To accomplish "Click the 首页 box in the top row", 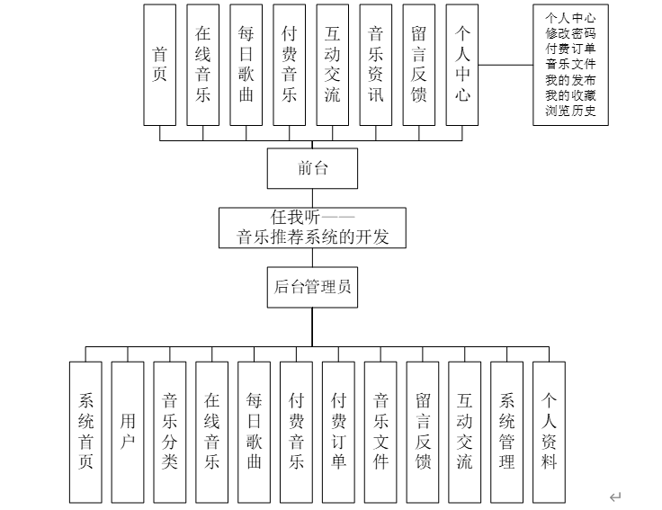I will pos(160,64).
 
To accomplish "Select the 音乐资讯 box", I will pos(376,64).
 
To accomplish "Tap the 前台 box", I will pos(313,167).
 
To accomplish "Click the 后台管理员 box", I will pos(312,288).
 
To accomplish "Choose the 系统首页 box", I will pos(85,431).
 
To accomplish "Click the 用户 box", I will pos(128,431).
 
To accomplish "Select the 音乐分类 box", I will pos(170,431).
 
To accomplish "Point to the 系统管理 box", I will pos(507,431).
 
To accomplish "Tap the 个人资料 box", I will pos(550,431).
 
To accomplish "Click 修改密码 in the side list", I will pos(570,32).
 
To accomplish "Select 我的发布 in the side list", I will pos(570,80).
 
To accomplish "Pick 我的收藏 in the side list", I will pos(570,96).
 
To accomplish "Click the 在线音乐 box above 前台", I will pos(203,64).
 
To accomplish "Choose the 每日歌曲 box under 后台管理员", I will pos(254,431).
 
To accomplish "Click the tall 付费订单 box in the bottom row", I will pos(338,431).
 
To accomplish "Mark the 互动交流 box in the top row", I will pos(333,64).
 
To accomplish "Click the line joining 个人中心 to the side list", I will pos(505,66).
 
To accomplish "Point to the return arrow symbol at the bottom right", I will pos(615,497).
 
